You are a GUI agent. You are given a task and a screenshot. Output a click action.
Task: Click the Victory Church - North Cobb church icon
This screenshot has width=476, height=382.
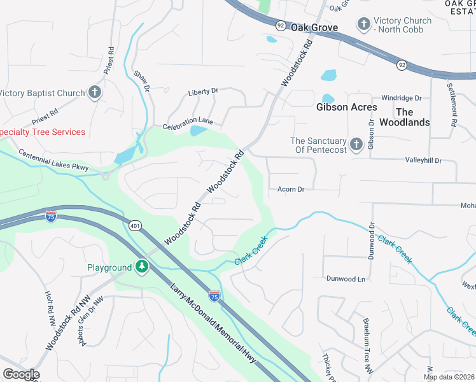tap(364, 25)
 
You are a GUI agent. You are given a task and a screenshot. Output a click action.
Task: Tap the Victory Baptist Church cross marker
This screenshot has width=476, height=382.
tap(94, 93)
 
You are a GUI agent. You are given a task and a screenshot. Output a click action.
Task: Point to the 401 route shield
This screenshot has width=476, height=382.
tap(134, 225)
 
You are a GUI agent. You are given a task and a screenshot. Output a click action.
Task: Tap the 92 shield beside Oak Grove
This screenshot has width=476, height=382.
tap(281, 25)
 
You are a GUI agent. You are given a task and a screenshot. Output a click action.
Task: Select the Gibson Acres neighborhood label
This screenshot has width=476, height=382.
tap(347, 107)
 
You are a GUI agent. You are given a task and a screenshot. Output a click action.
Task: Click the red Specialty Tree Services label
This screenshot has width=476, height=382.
tap(43, 132)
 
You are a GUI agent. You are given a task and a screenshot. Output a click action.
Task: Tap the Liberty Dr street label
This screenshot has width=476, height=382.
tap(203, 92)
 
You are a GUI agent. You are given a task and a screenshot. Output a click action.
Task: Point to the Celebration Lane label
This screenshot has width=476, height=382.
tap(187, 125)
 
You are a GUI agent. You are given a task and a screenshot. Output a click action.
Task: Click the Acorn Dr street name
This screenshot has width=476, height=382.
tap(291, 189)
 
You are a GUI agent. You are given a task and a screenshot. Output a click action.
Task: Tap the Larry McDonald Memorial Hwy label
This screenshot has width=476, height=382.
tap(213, 324)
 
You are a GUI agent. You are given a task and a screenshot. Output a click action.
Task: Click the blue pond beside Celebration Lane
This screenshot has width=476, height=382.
tap(198, 131)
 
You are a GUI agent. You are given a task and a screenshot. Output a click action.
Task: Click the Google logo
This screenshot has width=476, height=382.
tap(20, 374)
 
